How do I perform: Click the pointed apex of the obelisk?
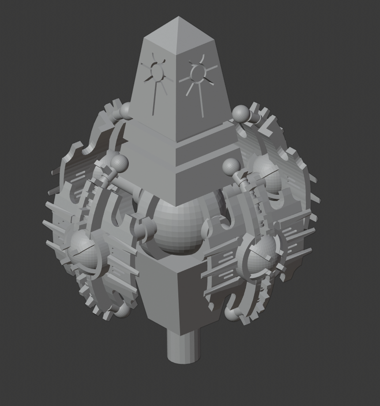[x=179, y=17]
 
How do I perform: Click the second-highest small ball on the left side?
[x=120, y=163]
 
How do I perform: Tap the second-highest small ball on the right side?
[x=231, y=167]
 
